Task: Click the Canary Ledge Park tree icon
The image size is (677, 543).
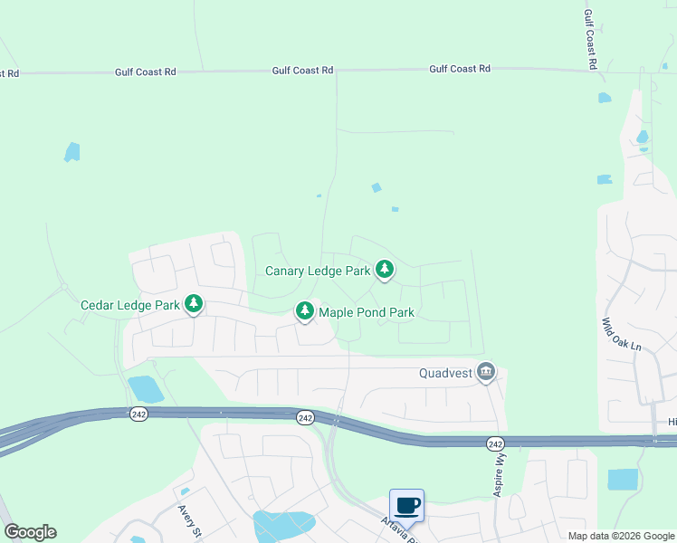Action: click(x=385, y=269)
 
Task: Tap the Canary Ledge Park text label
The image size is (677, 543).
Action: click(x=318, y=271)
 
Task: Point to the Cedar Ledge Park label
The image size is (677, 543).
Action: click(x=130, y=305)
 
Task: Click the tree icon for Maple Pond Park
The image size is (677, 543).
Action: click(x=305, y=311)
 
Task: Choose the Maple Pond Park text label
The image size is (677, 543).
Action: click(x=367, y=313)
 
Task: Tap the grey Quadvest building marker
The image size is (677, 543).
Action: click(x=487, y=371)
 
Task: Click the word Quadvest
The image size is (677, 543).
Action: click(x=447, y=372)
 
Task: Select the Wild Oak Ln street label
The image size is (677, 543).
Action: click(x=621, y=335)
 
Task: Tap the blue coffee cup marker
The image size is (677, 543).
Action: click(x=406, y=505)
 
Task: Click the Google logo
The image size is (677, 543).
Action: click(x=30, y=532)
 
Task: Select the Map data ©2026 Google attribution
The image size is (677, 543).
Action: click(x=620, y=536)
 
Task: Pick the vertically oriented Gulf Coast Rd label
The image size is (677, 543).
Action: click(x=589, y=41)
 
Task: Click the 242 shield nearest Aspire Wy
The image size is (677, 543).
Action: click(x=494, y=443)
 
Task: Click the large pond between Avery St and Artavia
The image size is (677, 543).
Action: click(x=283, y=525)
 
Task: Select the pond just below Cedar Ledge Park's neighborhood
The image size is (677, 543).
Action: click(x=145, y=389)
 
